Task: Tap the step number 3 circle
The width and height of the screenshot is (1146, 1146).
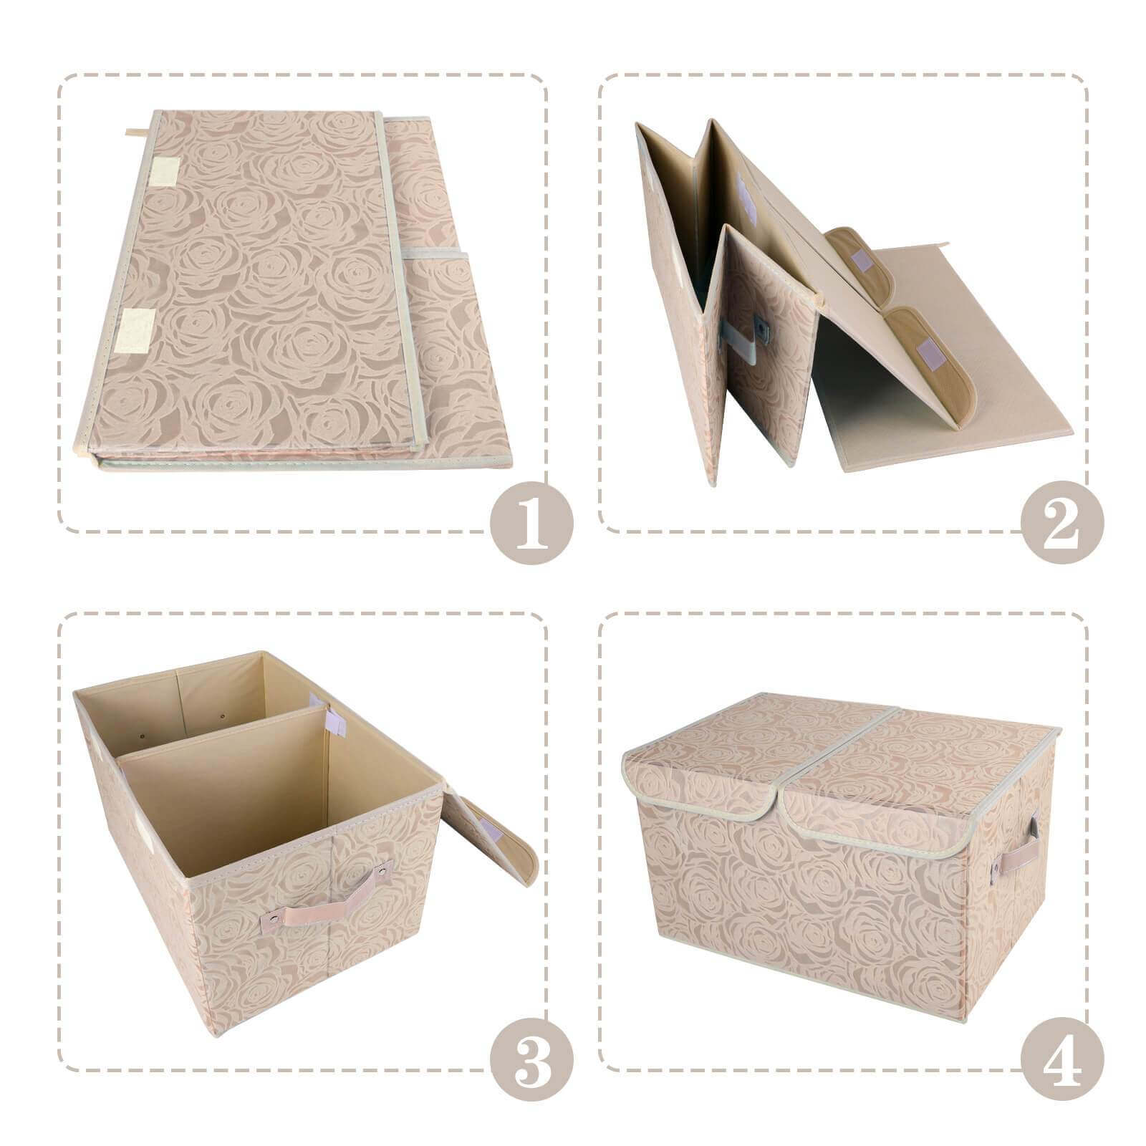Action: point(531,1069)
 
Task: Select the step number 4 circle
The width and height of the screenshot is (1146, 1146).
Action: point(1062,1069)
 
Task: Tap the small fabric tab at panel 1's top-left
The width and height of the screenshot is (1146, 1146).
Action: point(137,133)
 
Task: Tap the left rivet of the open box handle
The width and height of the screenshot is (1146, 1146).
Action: point(273,918)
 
